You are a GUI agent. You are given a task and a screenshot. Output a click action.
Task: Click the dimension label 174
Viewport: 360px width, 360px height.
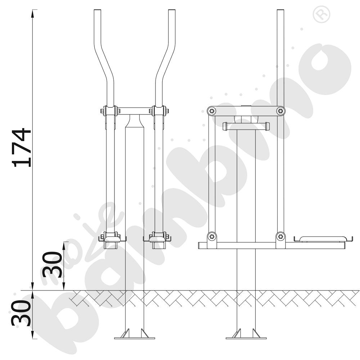pyautogui.click(x=22, y=147)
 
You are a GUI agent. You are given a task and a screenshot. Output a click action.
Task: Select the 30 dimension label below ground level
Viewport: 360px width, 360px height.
pyautogui.click(x=21, y=314)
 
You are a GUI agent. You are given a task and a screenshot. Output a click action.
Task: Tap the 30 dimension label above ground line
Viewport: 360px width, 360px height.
pyautogui.click(x=52, y=265)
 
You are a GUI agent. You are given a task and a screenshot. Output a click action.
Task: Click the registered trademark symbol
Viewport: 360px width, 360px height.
pyautogui.click(x=321, y=14)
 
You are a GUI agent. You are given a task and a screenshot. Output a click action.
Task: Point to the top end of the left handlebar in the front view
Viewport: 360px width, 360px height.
pyautogui.click(x=97, y=10)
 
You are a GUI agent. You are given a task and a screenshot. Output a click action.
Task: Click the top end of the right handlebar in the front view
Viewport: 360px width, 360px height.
pyautogui.click(x=172, y=10)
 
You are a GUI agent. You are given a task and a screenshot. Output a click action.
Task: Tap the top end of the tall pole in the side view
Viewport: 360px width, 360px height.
pyautogui.click(x=280, y=10)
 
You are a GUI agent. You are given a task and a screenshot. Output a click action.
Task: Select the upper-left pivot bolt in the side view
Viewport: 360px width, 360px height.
pyautogui.click(x=211, y=111)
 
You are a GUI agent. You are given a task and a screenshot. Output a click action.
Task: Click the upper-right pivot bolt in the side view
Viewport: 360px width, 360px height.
pyautogui.click(x=280, y=111)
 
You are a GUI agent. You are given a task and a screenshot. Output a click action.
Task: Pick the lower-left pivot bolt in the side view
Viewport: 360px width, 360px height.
pyautogui.click(x=211, y=236)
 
